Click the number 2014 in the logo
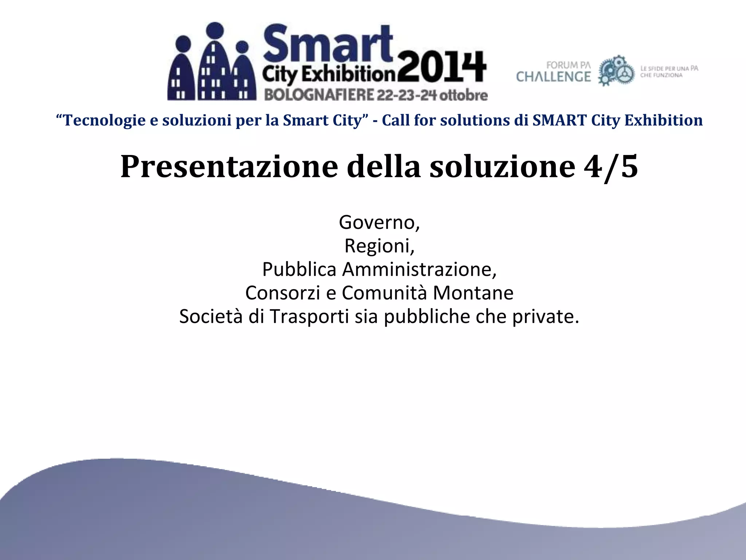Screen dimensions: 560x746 click(x=441, y=68)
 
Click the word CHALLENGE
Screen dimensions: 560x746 click(x=553, y=77)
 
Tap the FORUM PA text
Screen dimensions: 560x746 click(x=568, y=65)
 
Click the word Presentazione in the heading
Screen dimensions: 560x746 click(x=229, y=167)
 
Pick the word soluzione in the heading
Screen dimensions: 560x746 click(x=502, y=167)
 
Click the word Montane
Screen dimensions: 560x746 click(x=473, y=293)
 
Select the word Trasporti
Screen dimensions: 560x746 click(x=309, y=316)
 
